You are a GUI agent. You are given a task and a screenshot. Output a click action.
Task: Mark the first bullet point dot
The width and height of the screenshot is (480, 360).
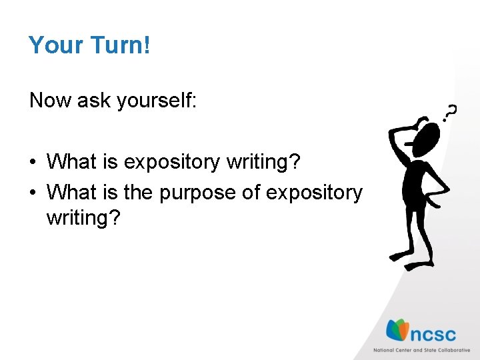pos(33,163)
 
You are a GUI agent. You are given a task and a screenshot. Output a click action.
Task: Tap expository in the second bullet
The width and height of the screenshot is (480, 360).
pos(314,193)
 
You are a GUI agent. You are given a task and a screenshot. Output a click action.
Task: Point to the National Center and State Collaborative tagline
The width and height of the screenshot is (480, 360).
pos(421,350)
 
